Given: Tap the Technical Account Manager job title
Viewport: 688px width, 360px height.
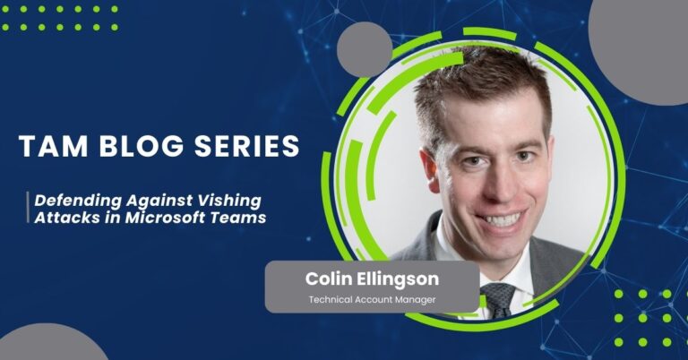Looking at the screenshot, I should [371, 299].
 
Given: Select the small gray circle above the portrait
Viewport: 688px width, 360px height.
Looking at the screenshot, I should [365, 50].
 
